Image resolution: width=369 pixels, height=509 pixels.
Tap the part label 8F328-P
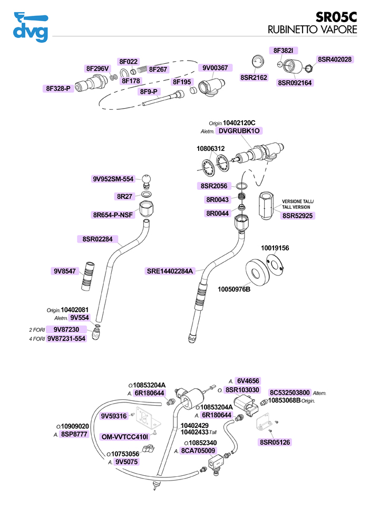[58, 89]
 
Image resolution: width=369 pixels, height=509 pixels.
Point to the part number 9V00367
[215, 68]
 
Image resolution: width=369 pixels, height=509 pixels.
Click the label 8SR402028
[335, 59]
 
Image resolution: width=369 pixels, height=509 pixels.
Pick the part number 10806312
[211, 149]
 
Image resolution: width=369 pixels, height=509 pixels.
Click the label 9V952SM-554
[113, 179]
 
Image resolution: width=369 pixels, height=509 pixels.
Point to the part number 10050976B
[234, 290]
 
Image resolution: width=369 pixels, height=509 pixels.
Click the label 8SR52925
[298, 215]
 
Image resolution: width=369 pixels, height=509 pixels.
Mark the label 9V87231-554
[66, 339]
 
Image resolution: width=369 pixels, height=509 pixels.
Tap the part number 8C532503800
[289, 393]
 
